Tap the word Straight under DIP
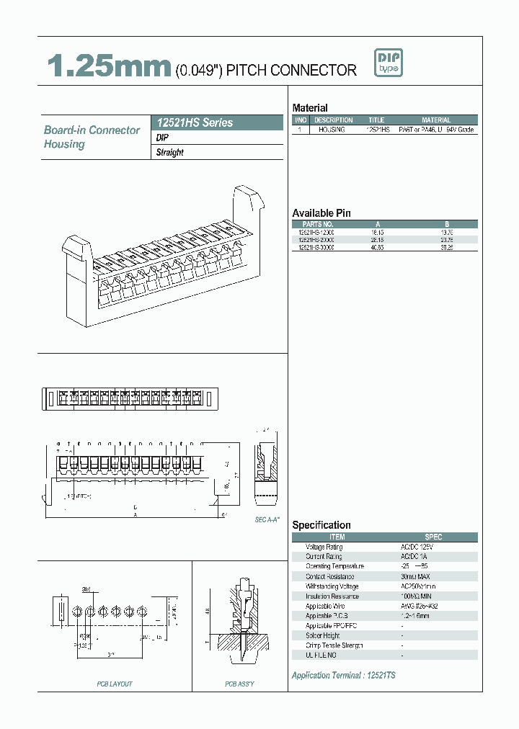point(170,153)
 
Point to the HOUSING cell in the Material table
point(332,130)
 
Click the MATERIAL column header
point(435,120)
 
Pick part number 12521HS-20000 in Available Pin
point(316,240)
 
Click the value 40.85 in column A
point(376,247)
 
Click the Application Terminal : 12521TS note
point(343,675)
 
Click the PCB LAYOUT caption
point(115,684)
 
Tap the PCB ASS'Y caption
point(239,684)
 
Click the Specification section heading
point(321,525)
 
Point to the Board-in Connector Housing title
point(92,137)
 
